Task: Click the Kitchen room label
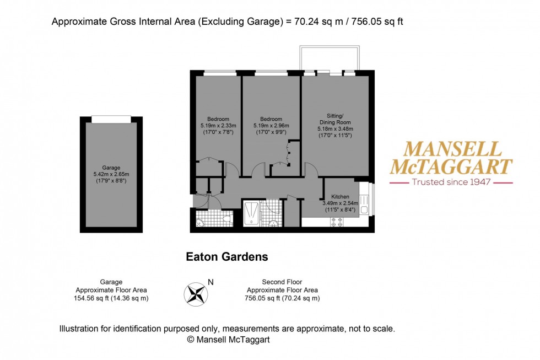click(x=340, y=197)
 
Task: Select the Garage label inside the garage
click(x=111, y=168)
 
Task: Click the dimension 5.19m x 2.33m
click(x=218, y=126)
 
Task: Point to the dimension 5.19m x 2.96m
click(x=271, y=126)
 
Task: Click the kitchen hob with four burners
click(x=337, y=222)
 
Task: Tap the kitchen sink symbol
click(x=364, y=210)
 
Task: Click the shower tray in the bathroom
click(x=251, y=213)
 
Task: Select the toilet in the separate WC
click(x=226, y=219)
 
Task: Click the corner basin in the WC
click(x=200, y=223)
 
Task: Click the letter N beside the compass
click(x=210, y=282)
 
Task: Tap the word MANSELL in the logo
click(x=453, y=149)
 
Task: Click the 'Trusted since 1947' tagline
click(x=451, y=182)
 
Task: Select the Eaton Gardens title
click(x=226, y=256)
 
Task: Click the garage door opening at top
click(x=111, y=119)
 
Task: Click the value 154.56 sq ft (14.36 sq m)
click(x=112, y=298)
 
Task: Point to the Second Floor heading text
click(x=283, y=282)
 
